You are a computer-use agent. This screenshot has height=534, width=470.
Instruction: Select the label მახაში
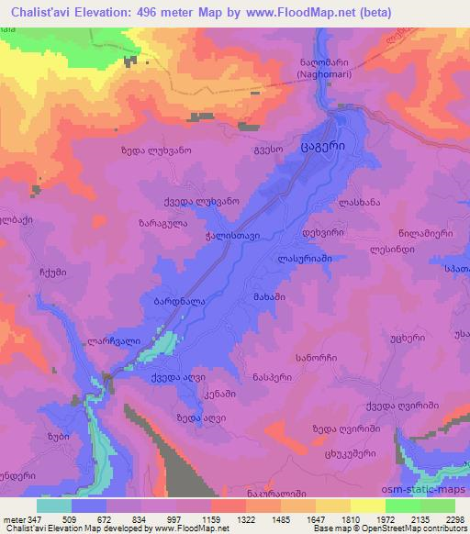pos(265,298)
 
